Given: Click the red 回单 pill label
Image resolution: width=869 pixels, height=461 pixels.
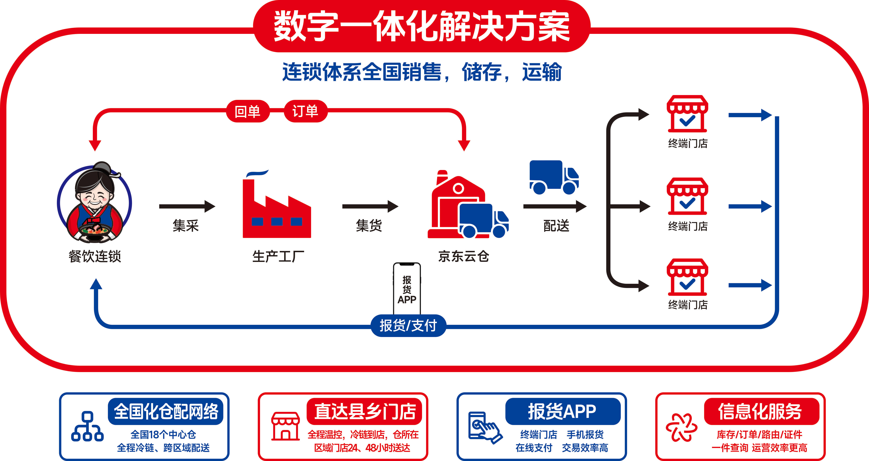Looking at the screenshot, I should coord(247,111).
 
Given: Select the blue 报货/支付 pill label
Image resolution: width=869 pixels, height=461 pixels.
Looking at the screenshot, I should coord(408,326).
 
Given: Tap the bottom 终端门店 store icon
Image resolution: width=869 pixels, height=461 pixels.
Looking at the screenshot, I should coord(687,277).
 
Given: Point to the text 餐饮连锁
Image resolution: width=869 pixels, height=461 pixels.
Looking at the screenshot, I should coord(95,256).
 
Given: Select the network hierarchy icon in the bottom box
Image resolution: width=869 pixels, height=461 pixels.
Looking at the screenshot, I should coord(87,426).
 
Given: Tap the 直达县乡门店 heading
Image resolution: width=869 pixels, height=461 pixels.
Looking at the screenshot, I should coord(364,411).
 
